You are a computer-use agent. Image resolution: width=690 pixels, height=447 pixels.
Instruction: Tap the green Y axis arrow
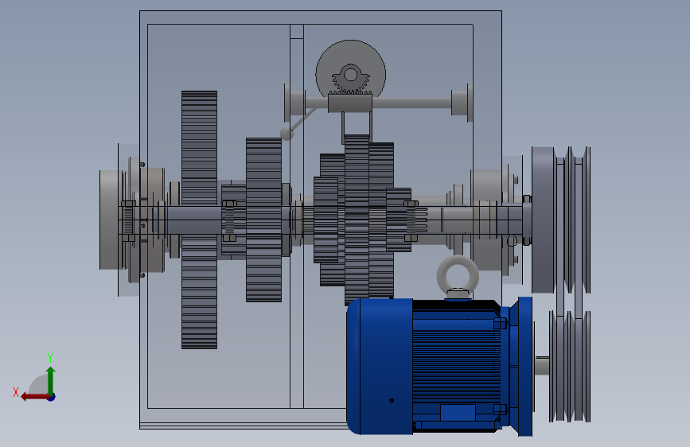click(51, 380)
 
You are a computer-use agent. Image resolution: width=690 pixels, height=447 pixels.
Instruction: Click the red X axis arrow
click(35, 397)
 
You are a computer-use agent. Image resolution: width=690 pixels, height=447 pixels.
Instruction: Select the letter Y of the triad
click(50, 357)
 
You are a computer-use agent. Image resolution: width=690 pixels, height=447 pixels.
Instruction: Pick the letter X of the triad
click(16, 392)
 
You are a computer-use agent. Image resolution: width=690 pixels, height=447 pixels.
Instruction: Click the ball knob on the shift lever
click(287, 134)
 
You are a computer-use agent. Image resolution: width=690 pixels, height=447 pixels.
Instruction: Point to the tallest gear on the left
click(199, 220)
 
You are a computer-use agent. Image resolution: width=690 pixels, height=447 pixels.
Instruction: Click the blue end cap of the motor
click(380, 366)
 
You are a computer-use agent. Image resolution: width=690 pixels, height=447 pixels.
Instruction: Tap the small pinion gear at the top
click(350, 80)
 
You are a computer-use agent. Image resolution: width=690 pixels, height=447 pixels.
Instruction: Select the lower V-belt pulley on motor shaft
click(570, 366)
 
